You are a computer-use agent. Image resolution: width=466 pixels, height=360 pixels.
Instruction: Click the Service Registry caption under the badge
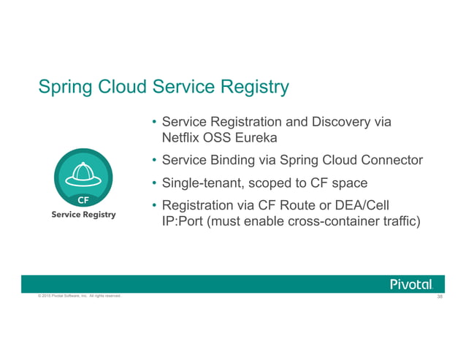click(83, 216)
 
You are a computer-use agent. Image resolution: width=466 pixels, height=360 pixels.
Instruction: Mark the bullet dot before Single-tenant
click(154, 183)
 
